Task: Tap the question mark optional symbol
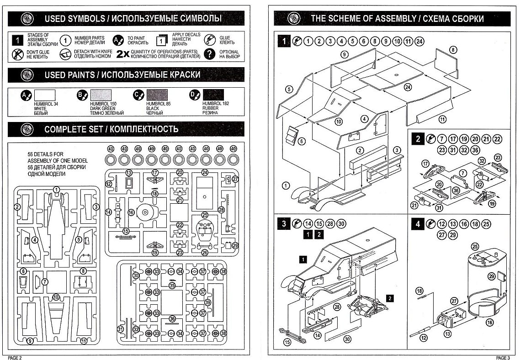[209, 54]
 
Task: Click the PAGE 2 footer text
[14, 357]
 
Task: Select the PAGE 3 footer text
[504, 357]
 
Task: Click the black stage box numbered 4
[418, 224]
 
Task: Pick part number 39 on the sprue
[207, 303]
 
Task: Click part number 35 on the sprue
[172, 286]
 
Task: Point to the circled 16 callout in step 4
[489, 322]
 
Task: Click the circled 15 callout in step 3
[287, 342]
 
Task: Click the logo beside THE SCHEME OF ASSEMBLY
[292, 19]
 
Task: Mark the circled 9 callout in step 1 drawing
[345, 54]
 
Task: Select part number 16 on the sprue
[132, 212]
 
